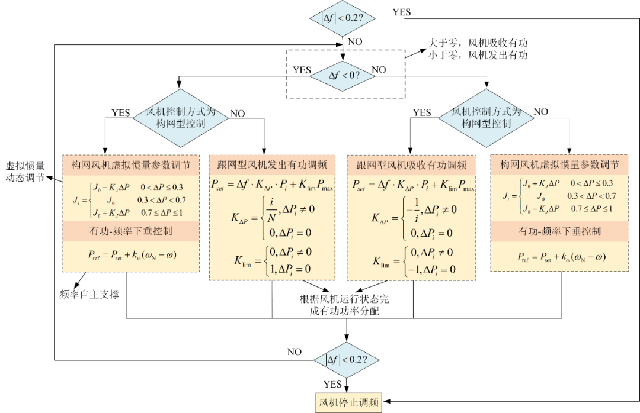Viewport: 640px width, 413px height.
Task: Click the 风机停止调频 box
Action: [x=348, y=402]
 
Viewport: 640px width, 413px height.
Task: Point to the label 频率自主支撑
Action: [x=90, y=294]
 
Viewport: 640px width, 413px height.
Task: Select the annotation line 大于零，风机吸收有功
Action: [x=478, y=44]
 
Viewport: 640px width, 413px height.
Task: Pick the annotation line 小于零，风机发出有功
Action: [x=478, y=56]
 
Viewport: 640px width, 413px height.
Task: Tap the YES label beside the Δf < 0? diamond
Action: [x=302, y=70]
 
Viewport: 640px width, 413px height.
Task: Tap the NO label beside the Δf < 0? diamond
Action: [x=379, y=70]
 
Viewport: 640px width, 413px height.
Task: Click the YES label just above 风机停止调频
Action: [x=332, y=385]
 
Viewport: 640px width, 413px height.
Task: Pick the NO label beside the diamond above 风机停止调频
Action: [x=295, y=352]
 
